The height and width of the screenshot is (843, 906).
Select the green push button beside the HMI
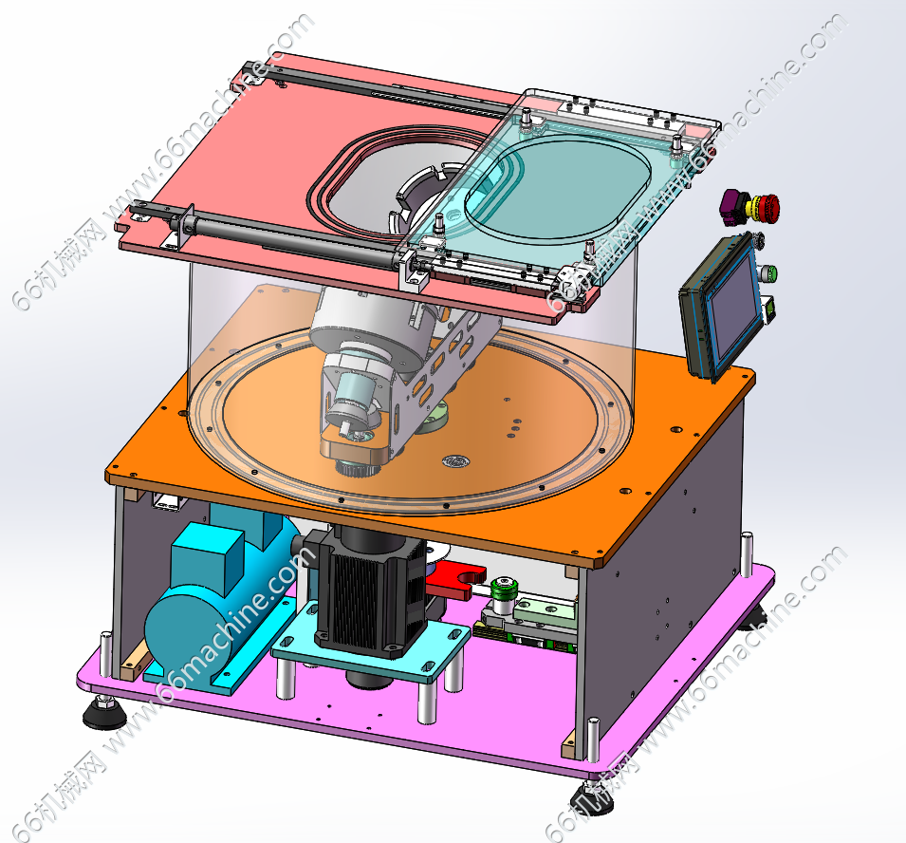[x=769, y=272]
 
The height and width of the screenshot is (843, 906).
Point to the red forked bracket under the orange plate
[x=456, y=579]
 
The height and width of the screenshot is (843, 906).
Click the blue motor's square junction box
[x=207, y=560]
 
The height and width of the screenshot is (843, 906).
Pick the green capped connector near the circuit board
[x=503, y=590]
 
